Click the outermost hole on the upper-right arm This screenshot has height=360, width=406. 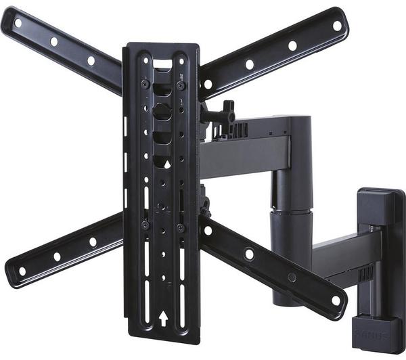(x=337, y=26)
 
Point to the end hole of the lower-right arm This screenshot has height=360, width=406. (x=335, y=300)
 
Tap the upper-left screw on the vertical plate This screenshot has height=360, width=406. (x=145, y=84)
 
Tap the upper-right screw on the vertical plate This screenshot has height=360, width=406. (x=181, y=85)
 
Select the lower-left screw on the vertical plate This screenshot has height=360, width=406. (x=145, y=225)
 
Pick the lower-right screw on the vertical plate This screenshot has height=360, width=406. (x=180, y=228)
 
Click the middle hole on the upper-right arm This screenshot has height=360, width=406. (x=292, y=46)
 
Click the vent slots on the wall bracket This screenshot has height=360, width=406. (x=367, y=273)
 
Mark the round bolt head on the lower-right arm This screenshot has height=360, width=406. (x=250, y=254)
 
